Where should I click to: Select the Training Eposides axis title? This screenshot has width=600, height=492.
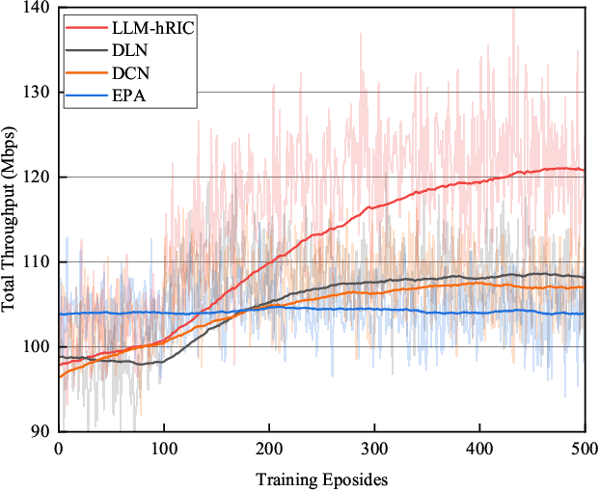[x=321, y=478]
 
